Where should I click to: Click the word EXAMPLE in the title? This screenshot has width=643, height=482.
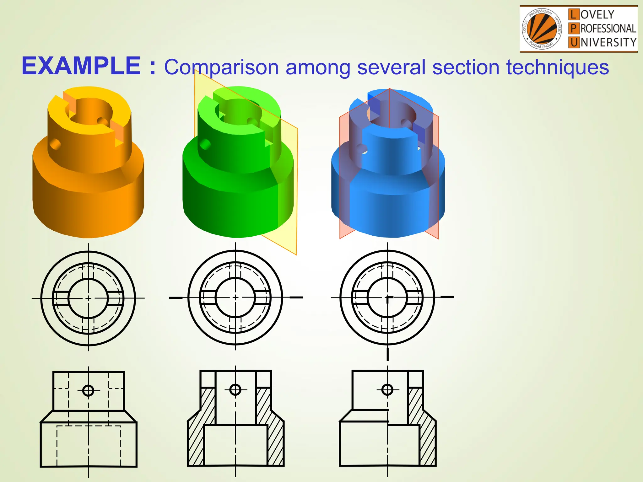pyautogui.click(x=81, y=66)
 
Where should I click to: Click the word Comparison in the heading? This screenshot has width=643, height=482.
pyautogui.click(x=221, y=67)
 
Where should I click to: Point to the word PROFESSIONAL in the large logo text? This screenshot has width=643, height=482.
pyautogui.click(x=608, y=29)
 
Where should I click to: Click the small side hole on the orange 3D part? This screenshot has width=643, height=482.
pyautogui.click(x=55, y=144)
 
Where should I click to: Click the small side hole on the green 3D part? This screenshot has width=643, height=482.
pyautogui.click(x=205, y=144)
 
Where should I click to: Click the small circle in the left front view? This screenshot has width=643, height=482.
pyautogui.click(x=88, y=391)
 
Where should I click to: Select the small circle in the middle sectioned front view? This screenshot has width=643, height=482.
pyautogui.click(x=235, y=390)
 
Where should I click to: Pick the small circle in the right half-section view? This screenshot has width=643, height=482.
pyautogui.click(x=387, y=390)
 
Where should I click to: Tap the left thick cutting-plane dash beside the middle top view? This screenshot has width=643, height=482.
pyautogui.click(x=176, y=297)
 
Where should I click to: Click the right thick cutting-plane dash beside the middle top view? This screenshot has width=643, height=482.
pyautogui.click(x=296, y=297)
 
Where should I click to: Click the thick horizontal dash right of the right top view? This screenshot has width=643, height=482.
pyautogui.click(x=447, y=297)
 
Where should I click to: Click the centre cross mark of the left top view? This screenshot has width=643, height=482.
pyautogui.click(x=89, y=298)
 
